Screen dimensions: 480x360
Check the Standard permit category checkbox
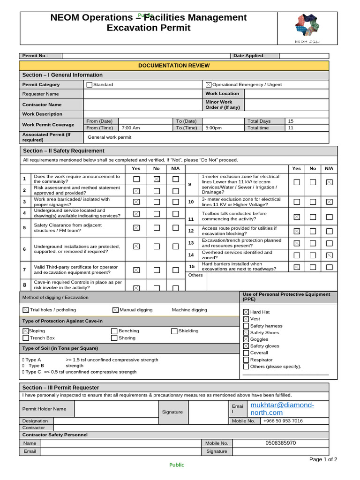(90, 85)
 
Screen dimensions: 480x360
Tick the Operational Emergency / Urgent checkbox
(209, 85)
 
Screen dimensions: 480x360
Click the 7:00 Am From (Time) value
(131, 128)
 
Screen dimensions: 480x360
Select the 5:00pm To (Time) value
(213, 128)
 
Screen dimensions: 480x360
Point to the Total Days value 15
(291, 121)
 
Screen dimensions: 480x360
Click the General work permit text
(110, 137)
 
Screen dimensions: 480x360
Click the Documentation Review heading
(174, 66)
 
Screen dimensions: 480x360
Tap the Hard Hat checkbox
(246, 312)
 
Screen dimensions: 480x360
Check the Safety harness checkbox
(246, 326)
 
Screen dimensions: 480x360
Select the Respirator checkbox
(246, 360)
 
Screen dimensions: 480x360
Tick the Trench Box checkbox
(26, 338)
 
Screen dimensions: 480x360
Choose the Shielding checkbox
(174, 331)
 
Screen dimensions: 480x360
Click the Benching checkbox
(114, 331)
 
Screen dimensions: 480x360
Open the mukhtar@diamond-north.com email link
(282, 409)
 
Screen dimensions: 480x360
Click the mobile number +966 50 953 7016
(283, 421)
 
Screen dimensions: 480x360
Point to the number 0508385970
(280, 443)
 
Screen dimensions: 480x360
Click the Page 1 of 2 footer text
(323, 459)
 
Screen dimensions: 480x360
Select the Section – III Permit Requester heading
(61, 388)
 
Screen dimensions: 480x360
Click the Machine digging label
(189, 310)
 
